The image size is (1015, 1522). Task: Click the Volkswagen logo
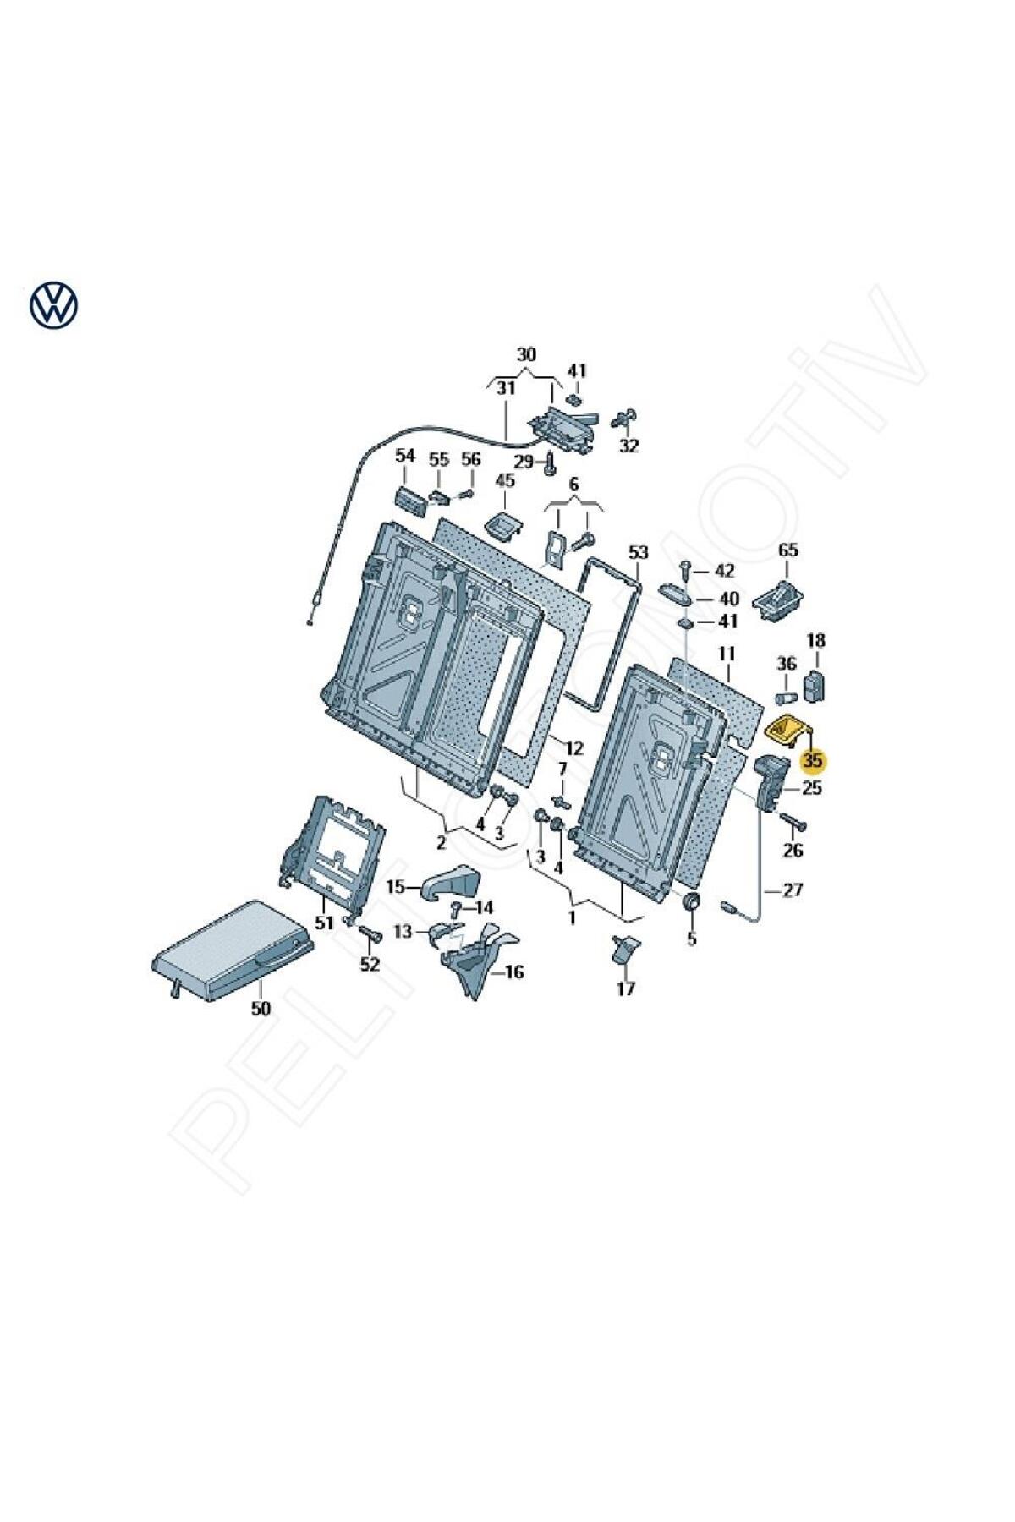coord(53,304)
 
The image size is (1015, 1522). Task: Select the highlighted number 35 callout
coord(813,761)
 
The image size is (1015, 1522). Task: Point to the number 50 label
coord(261,1008)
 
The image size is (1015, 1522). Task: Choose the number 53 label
coord(638,552)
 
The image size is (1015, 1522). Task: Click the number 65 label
coord(787,550)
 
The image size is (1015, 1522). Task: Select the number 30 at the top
coord(526,354)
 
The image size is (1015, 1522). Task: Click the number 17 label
coord(625,988)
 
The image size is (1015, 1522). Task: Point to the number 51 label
coord(325,922)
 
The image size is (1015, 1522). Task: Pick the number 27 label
coord(792,890)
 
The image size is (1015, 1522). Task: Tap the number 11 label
coord(727,654)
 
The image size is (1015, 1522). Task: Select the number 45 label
coord(504,481)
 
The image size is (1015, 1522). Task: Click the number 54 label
coord(405,456)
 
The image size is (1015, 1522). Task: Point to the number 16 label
coord(514,972)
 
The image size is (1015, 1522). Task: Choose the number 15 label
coord(396,887)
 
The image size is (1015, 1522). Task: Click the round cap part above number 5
coord(691,903)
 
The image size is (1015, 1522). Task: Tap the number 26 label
coord(793,851)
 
